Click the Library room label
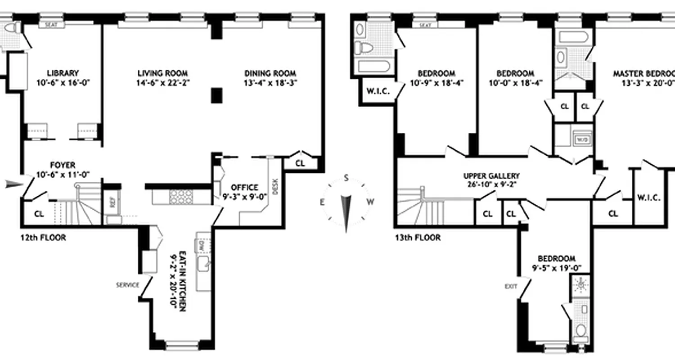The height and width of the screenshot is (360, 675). click(x=63, y=73)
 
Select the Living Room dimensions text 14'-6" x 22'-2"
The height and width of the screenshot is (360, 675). click(x=162, y=83)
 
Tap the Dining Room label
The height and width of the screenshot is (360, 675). click(x=270, y=73)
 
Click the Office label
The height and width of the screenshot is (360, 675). click(x=244, y=187)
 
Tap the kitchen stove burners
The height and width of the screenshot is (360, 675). click(x=180, y=197)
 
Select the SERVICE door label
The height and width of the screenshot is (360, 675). click(x=128, y=285)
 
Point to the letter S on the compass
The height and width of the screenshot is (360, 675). click(x=346, y=177)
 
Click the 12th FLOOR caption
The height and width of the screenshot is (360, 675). click(x=43, y=237)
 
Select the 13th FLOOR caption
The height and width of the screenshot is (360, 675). click(x=418, y=237)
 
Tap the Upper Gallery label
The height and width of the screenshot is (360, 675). click(x=491, y=176)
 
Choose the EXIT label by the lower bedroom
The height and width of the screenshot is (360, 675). click(x=511, y=286)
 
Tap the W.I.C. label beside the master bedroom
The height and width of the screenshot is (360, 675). click(x=648, y=197)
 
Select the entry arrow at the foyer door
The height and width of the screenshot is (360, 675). click(x=13, y=184)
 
